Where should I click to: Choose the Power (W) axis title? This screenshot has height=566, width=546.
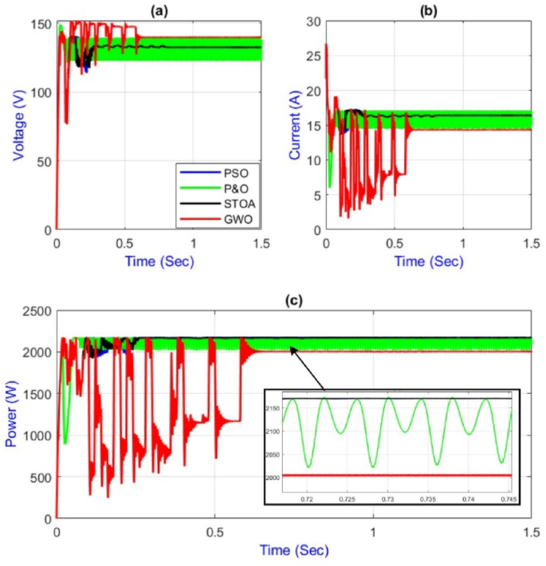click(13, 414)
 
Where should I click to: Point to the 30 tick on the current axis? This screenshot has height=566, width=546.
click(313, 23)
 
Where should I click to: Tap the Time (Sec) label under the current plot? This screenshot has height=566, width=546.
click(429, 260)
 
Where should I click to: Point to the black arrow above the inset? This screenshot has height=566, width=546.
click(308, 365)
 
